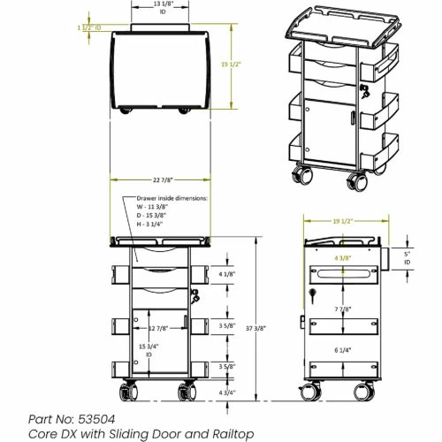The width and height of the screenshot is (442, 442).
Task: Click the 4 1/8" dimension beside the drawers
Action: pyautogui.click(x=226, y=274)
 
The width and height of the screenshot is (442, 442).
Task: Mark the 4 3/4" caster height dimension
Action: pyautogui.click(x=226, y=390)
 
